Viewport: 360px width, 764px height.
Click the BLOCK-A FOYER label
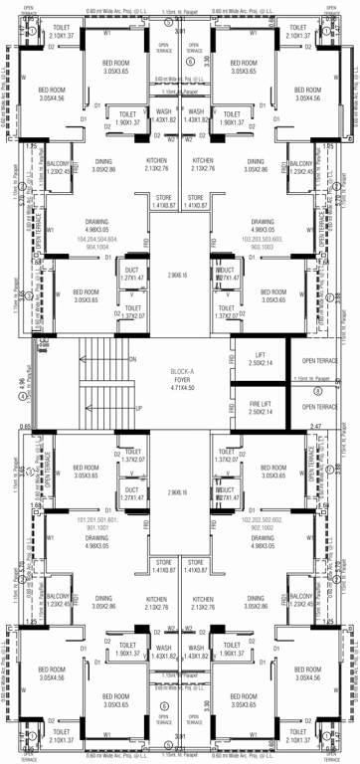[180, 379]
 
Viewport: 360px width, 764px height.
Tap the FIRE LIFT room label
[260, 407]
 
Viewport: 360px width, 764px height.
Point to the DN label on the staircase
[132, 359]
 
